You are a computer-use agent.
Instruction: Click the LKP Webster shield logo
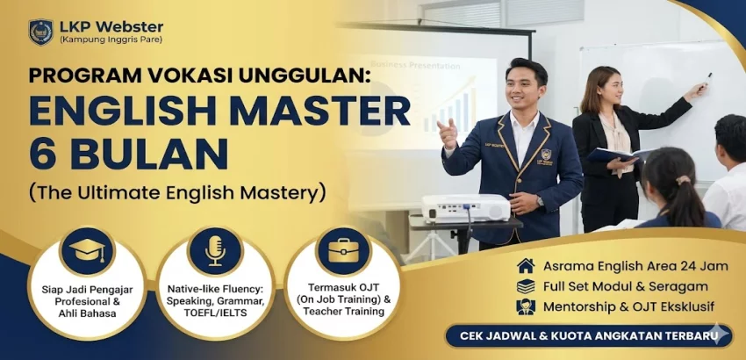[40, 32]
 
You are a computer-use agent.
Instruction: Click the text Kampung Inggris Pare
[111, 40]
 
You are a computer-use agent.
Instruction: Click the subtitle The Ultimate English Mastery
[176, 191]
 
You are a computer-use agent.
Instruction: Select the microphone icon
[215, 251]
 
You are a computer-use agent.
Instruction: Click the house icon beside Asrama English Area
[526, 265]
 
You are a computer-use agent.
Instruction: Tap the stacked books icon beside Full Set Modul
[526, 286]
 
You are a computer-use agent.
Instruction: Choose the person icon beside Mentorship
[526, 307]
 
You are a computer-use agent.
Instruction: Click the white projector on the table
[465, 207]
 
